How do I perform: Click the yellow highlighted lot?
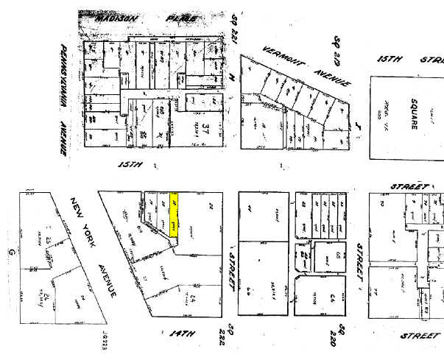click(175, 214)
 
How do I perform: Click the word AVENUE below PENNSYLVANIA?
click(64, 138)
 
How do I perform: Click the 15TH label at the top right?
click(390, 59)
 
